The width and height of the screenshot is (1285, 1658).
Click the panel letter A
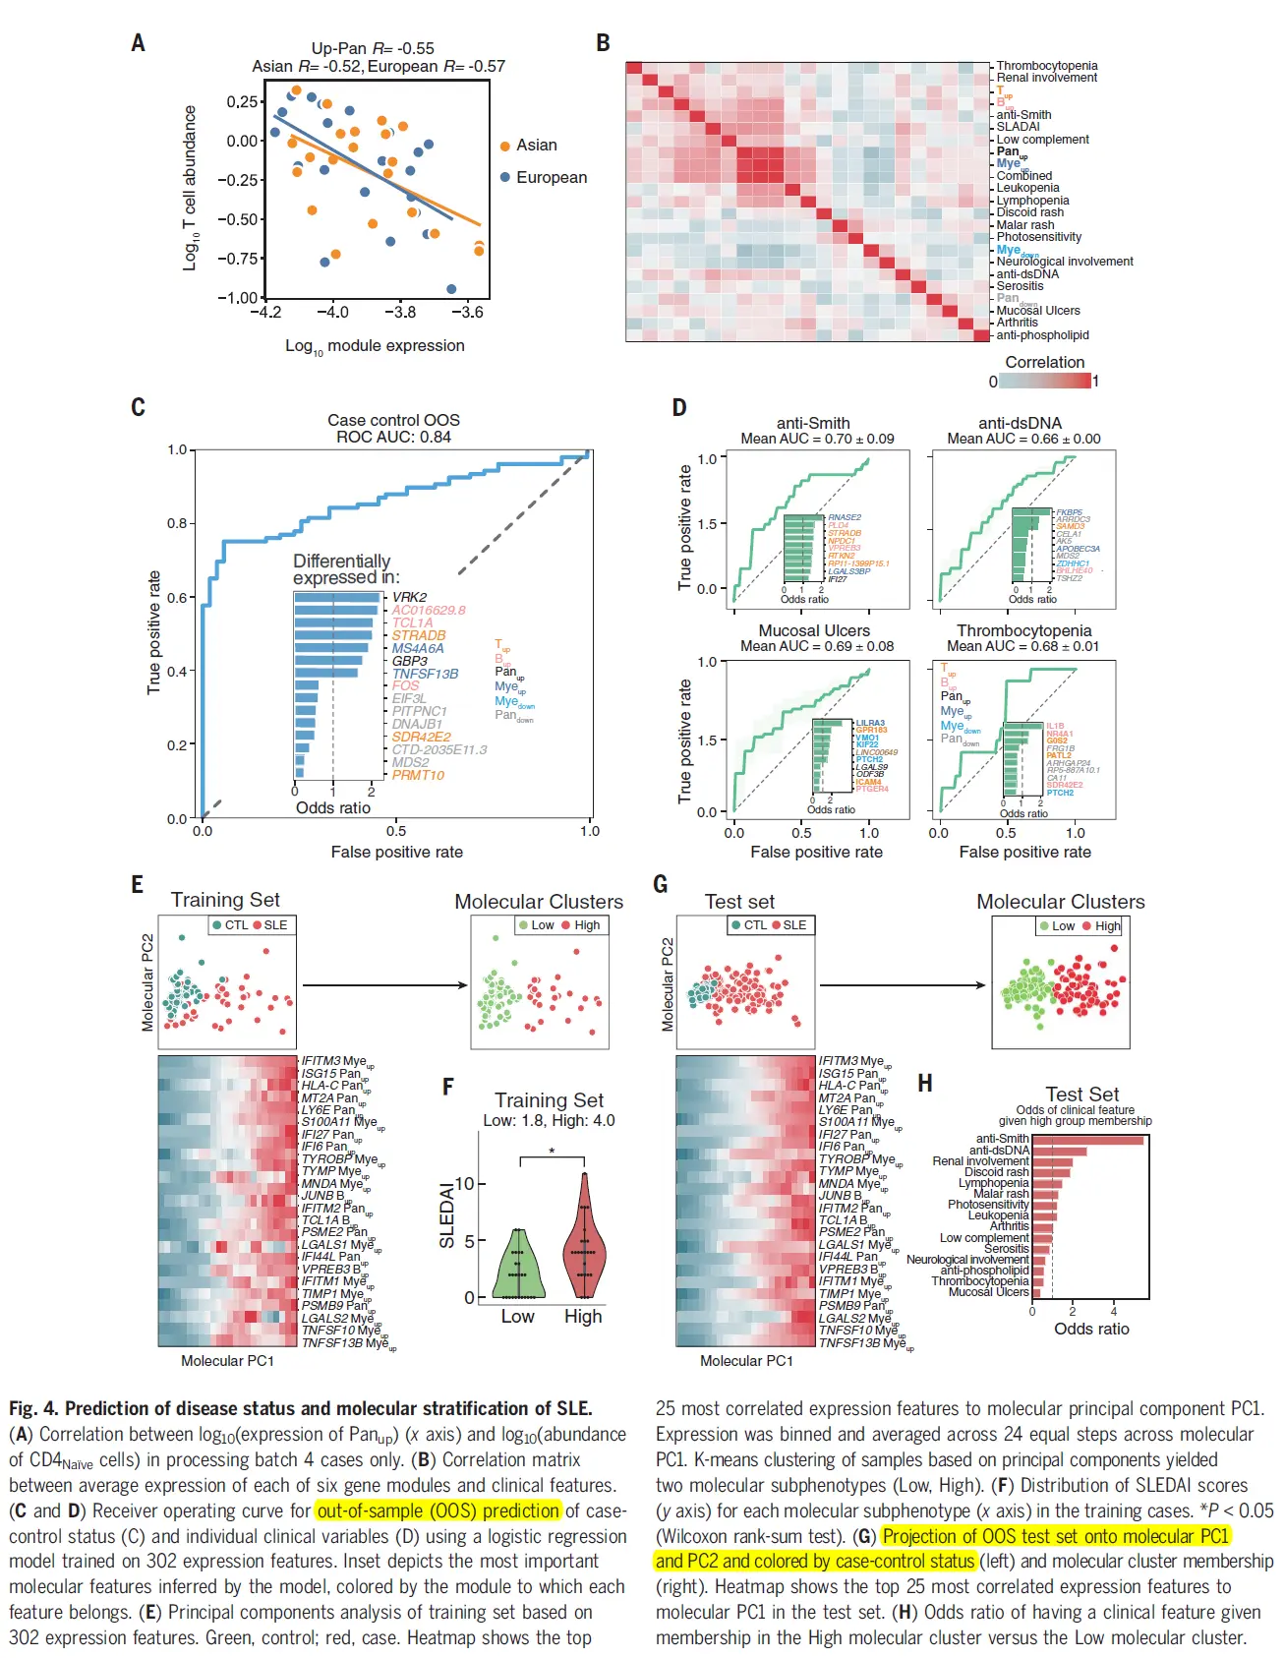click(x=138, y=43)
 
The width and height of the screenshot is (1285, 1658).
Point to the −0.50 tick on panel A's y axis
click(x=241, y=219)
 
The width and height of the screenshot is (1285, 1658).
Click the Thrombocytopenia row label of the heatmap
click(x=1046, y=66)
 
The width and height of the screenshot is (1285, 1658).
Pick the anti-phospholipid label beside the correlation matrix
click(x=1042, y=335)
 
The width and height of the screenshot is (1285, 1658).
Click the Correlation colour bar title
click(x=1044, y=363)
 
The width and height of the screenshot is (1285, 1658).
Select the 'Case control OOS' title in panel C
click(x=393, y=420)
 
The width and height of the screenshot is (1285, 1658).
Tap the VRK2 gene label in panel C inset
click(x=409, y=597)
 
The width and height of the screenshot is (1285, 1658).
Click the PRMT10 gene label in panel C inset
click(x=418, y=775)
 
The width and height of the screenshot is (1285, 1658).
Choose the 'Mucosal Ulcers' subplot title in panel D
click(x=814, y=631)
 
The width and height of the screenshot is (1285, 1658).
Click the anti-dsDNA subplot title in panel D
click(x=1020, y=423)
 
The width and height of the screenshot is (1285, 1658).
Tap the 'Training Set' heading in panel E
click(x=225, y=900)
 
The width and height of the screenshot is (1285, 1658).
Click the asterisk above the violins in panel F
click(x=552, y=1152)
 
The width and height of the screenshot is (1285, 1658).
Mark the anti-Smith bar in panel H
click(x=1087, y=1141)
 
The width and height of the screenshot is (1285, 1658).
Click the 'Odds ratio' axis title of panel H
click(x=1091, y=1330)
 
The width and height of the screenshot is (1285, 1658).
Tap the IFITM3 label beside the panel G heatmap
click(x=837, y=1061)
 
